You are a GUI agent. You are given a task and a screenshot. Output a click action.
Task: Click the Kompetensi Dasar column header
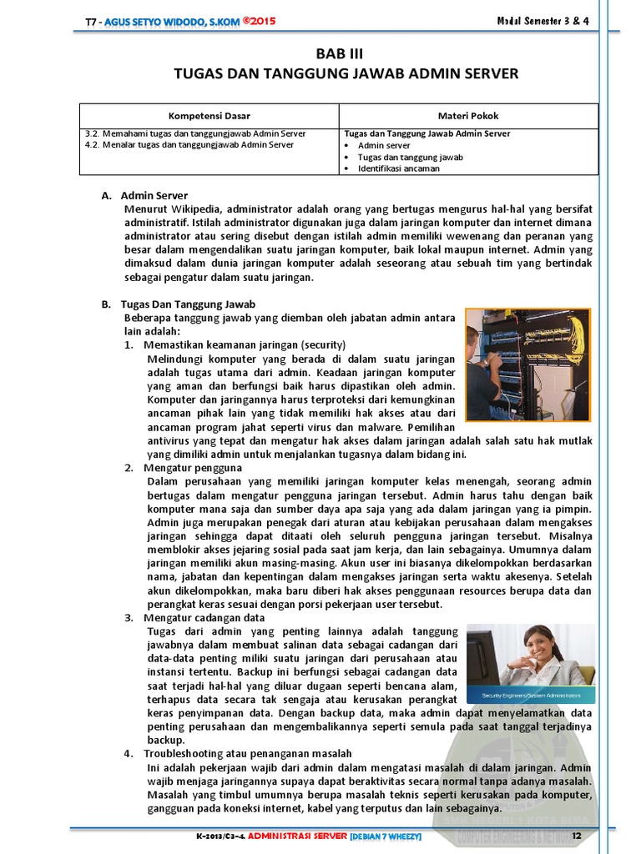209,116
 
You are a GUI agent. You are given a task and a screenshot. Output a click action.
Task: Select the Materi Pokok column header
468,116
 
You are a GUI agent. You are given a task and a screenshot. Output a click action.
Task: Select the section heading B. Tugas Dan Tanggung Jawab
179,304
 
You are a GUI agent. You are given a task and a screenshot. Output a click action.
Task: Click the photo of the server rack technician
527,364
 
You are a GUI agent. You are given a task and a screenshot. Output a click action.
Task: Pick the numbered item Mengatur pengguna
192,468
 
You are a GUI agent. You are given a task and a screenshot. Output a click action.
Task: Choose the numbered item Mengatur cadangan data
204,618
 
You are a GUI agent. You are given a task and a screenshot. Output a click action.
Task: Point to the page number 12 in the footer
575,836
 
